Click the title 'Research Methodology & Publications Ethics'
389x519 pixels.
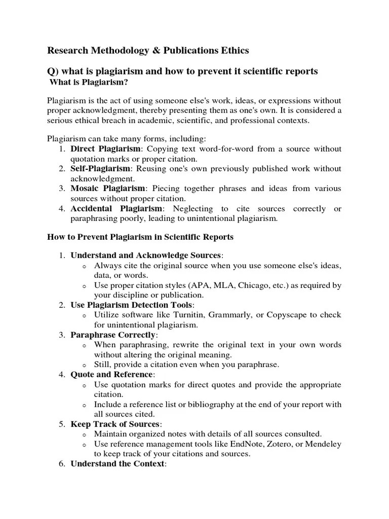coord(148,51)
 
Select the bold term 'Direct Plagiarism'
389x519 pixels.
coord(106,149)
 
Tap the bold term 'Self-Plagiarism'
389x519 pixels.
coord(100,168)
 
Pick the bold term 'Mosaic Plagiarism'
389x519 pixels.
coord(107,188)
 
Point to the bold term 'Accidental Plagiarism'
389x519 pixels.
coord(116,208)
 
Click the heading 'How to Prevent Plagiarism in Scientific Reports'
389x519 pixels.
coord(140,237)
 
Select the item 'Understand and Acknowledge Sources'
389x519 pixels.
coord(146,255)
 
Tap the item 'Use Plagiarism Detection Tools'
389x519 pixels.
coord(132,305)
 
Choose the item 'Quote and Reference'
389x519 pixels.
coord(112,374)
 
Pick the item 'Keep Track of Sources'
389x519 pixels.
coord(115,424)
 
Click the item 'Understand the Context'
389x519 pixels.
coord(118,464)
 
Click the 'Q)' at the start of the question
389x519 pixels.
coord(53,71)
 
